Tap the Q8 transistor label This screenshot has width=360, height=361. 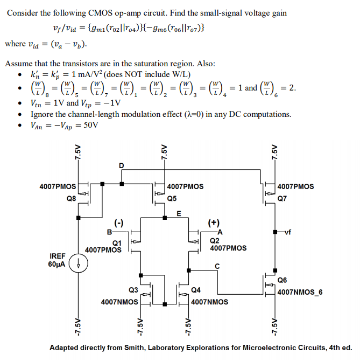click(71, 198)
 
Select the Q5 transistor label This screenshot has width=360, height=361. click(172, 198)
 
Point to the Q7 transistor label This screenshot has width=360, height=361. click(283, 198)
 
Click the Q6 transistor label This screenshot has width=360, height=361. click(283, 280)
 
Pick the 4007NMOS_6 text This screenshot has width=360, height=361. click(300, 292)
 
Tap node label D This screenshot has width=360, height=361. click(121, 165)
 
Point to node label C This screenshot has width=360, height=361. click(217, 266)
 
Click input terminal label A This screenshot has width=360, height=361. click(220, 232)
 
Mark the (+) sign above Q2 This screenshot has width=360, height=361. click(214, 221)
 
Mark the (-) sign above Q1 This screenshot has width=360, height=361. click(118, 221)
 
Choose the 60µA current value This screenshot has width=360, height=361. click(58, 264)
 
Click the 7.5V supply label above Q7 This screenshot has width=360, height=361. click(274, 152)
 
